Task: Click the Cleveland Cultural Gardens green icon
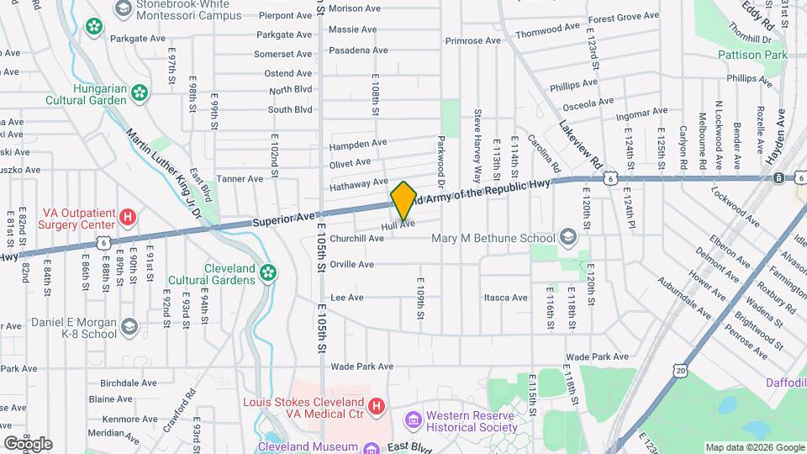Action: tap(267, 272)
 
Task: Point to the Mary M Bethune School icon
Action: tap(568, 238)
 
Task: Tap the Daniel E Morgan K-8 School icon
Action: tap(129, 326)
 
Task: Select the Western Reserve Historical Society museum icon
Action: tap(412, 419)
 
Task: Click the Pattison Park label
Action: tap(753, 55)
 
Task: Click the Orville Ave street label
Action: tap(351, 264)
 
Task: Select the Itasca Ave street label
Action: tap(506, 298)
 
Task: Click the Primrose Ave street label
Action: tap(473, 40)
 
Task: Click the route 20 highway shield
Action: tap(680, 369)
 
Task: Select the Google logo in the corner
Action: tap(28, 443)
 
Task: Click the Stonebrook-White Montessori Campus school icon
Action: tap(124, 8)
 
